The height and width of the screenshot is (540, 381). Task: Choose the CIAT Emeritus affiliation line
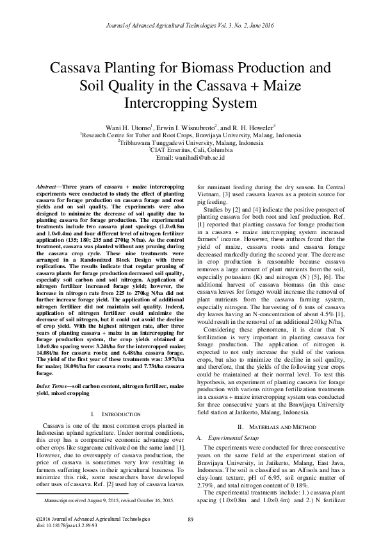(190, 150)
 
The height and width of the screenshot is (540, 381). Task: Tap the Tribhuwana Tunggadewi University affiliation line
(190, 142)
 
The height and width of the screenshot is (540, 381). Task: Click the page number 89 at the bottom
(190, 518)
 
